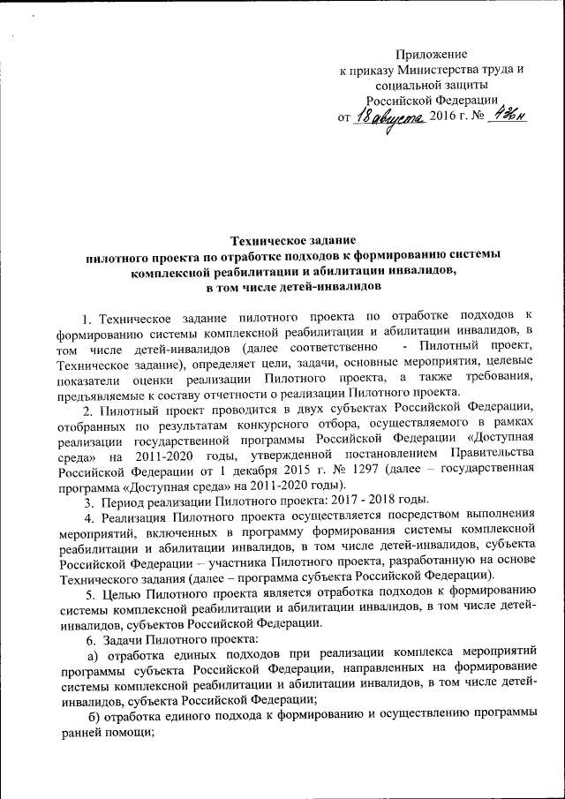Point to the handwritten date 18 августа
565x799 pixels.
(389, 117)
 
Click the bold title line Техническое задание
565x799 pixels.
(292, 239)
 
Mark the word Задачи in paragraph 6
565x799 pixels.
(123, 637)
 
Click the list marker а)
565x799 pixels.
(91, 653)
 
